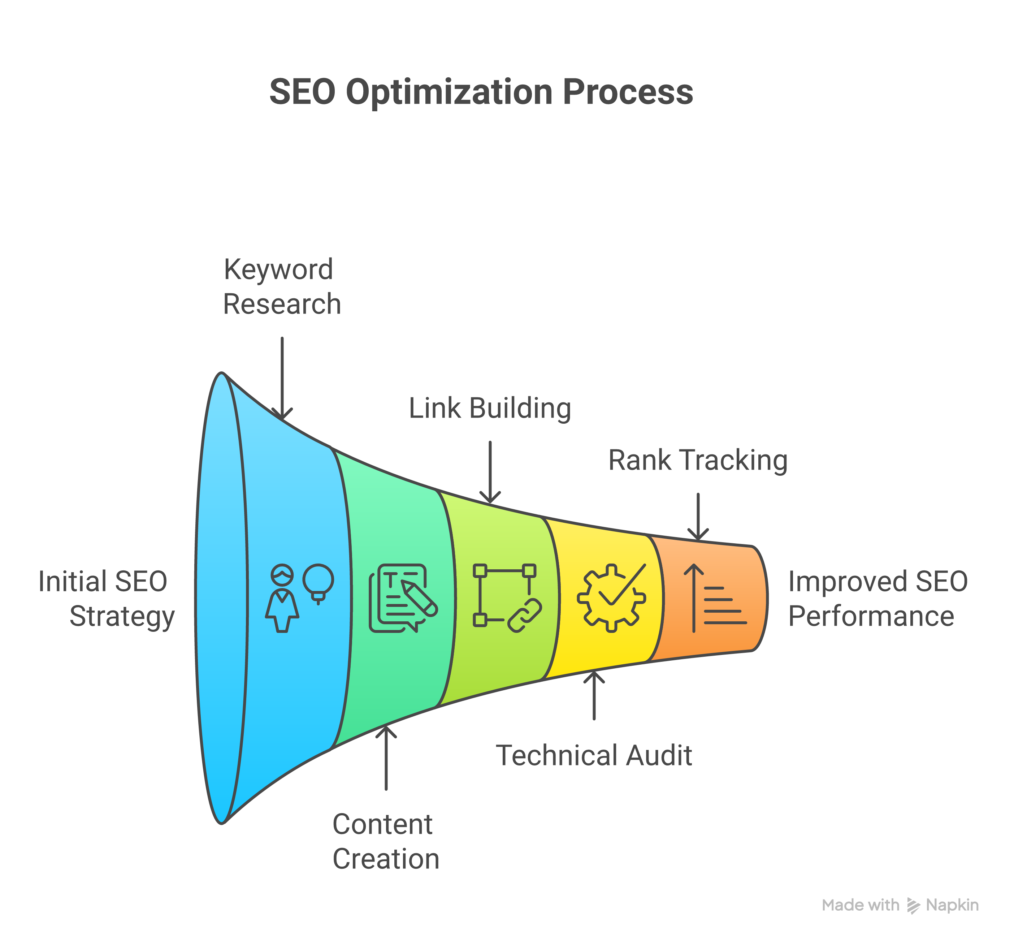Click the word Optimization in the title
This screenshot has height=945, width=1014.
click(449, 92)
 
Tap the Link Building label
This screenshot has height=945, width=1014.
click(490, 408)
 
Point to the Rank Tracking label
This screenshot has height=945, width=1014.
click(698, 460)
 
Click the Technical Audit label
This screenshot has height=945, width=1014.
click(594, 756)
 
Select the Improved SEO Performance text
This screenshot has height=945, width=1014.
click(877, 599)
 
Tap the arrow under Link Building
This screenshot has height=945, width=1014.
click(490, 472)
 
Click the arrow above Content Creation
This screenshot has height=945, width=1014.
click(386, 758)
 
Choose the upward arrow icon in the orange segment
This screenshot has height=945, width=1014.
click(694, 597)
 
